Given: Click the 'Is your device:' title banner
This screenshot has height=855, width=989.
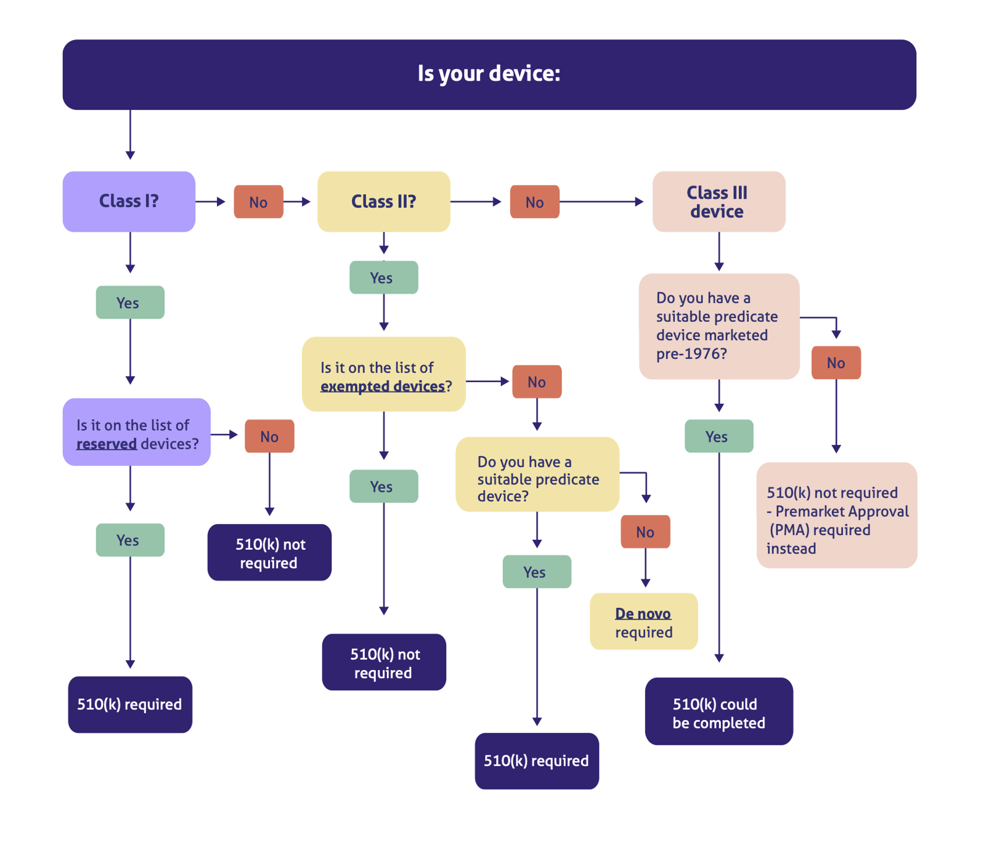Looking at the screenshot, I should pos(489,75).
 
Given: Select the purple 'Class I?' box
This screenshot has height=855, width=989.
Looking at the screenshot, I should pos(129,202).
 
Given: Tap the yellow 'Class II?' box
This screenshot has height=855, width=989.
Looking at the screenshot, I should pos(383,202).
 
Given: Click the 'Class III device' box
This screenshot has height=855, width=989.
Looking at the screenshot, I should pos(718,202).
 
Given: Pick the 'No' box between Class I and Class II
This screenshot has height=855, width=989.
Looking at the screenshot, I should pos(258,202).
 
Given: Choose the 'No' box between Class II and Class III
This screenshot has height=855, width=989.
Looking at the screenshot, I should pos(534,202).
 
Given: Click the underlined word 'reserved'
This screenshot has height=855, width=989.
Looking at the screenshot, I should pos(107,444).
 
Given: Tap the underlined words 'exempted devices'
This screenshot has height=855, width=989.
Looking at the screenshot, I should pos(382,387).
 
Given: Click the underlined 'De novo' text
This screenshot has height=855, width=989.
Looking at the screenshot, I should pos(643,614).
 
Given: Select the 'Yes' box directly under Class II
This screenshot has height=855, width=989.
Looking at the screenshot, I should pos(383,277).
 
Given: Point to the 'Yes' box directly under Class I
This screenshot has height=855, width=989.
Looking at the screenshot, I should pos(129,302).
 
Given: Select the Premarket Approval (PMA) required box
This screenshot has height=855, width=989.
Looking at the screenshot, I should pos(836,515).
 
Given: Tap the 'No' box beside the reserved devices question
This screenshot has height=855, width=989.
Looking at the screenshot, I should pos(269,436).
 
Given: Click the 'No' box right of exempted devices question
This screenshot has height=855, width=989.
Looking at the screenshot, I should pos(537,382).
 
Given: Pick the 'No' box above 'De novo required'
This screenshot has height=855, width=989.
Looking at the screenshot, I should pos(645,531).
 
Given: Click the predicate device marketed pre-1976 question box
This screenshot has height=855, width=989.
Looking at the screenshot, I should pos(718,326).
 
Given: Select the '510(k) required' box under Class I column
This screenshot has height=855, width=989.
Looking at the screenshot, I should pos(129,705).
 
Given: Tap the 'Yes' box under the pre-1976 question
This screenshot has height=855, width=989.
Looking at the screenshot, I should pos(718,436).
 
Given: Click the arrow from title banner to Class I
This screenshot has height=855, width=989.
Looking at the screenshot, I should pos(130,136).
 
